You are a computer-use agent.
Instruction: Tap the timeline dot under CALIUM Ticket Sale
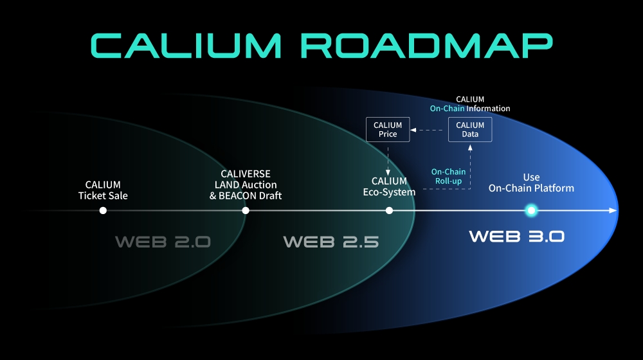click(x=103, y=210)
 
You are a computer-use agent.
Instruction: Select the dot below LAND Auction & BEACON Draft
click(x=245, y=210)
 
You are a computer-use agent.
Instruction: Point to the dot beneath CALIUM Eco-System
click(x=389, y=210)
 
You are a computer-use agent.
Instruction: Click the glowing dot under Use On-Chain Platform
click(x=531, y=210)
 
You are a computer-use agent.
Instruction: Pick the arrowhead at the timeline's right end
click(x=613, y=210)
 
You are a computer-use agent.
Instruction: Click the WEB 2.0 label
click(x=163, y=242)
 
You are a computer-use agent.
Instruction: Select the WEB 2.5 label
click(x=331, y=242)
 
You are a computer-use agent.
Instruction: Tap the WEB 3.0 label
click(x=516, y=236)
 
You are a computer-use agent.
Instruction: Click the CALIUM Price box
click(x=388, y=129)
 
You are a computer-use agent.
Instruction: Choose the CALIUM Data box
click(x=470, y=129)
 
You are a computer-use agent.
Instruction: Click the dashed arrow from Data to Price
click(x=429, y=129)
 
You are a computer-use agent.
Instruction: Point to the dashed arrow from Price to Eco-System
click(x=388, y=157)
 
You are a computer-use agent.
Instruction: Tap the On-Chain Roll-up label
click(x=448, y=177)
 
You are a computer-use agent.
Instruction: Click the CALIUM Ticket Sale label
click(x=103, y=190)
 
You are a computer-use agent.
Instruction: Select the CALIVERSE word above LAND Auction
click(x=245, y=174)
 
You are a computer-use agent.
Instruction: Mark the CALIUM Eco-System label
click(x=389, y=186)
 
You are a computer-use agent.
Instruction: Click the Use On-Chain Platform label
click(x=531, y=183)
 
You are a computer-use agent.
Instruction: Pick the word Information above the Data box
click(x=488, y=109)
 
